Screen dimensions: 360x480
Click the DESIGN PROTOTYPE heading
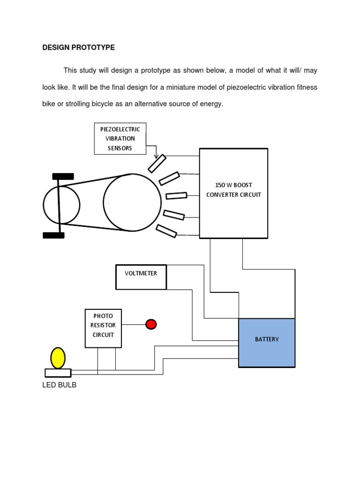pos(78,47)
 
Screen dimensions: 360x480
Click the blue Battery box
pos(267,343)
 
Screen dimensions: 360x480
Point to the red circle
pos(151,324)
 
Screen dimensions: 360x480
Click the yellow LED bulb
pos(58,358)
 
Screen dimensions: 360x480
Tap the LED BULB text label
pos(59,385)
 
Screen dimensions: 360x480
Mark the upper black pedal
pos(63,176)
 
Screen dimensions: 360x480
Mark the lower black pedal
pos(53,235)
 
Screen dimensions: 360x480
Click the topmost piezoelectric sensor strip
pos(157,164)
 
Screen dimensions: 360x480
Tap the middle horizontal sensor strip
pos(176,195)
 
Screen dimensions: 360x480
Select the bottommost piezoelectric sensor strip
pos(166,231)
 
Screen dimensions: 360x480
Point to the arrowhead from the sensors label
pos(156,156)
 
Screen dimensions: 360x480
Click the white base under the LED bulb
pos(58,373)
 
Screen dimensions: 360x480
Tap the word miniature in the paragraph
pos(180,87)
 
